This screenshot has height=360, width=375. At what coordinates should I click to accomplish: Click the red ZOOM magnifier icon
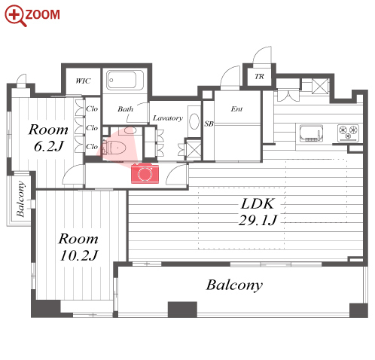pyautogui.click(x=15, y=16)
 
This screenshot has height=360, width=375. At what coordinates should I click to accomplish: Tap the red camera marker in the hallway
pyautogui.click(x=145, y=173)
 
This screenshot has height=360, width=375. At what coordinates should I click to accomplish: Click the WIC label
pyautogui.click(x=83, y=81)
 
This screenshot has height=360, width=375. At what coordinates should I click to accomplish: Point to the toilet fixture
pyautogui.click(x=114, y=148)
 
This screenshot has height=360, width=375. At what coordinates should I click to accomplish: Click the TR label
pyautogui.click(x=259, y=76)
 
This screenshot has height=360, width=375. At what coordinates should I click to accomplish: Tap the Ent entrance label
pyautogui.click(x=236, y=109)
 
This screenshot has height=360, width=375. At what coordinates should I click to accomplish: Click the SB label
pyautogui.click(x=209, y=124)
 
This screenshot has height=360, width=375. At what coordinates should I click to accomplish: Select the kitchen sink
pyautogui.click(x=311, y=133)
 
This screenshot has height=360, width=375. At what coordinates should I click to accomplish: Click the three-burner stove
pyautogui.click(x=348, y=133)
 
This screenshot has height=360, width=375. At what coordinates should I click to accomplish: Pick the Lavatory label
pyautogui.click(x=168, y=118)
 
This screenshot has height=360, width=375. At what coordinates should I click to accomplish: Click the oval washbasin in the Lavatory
pyautogui.click(x=194, y=121)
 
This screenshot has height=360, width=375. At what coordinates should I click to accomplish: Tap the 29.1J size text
pyautogui.click(x=258, y=221)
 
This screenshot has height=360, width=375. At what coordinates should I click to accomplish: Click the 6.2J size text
pyautogui.click(x=49, y=146)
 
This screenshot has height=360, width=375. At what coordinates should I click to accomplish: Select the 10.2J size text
pyautogui.click(x=79, y=255)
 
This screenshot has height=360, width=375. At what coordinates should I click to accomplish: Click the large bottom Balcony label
pyautogui.click(x=234, y=285)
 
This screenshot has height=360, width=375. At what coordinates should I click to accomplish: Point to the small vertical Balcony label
pyautogui.click(x=20, y=199)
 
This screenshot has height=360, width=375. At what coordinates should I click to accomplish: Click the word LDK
pyautogui.click(x=258, y=203)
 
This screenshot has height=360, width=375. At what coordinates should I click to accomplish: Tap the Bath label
pyautogui.click(x=126, y=109)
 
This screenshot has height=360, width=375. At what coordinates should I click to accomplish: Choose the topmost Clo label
pyautogui.click(x=92, y=108)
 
